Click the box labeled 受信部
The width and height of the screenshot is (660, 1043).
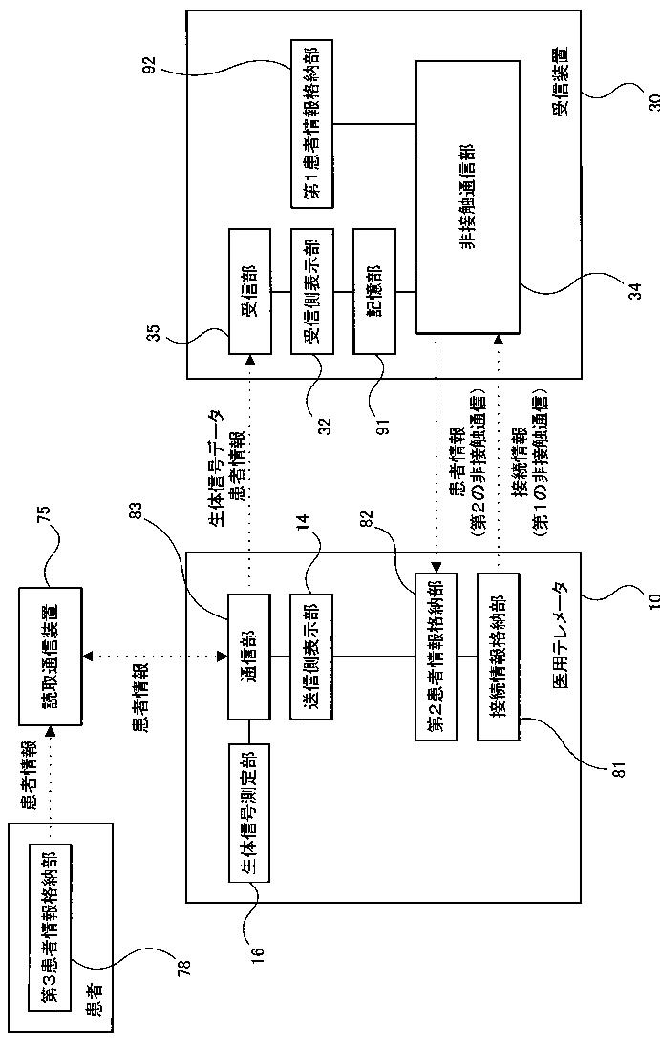click(x=249, y=291)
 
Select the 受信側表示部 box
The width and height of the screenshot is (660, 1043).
click(x=311, y=291)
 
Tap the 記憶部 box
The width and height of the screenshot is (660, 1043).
click(x=374, y=291)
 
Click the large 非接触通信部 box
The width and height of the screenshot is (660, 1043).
click(x=467, y=197)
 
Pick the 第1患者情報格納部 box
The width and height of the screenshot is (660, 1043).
click(x=311, y=123)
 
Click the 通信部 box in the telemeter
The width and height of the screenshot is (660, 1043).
click(x=249, y=657)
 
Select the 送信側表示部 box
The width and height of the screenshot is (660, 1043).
click(x=311, y=657)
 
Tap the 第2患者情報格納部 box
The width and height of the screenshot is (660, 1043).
click(x=436, y=656)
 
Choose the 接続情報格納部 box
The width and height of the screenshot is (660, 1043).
click(x=499, y=656)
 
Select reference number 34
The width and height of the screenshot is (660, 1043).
click(x=636, y=291)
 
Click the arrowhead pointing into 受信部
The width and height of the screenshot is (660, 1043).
click(x=249, y=359)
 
